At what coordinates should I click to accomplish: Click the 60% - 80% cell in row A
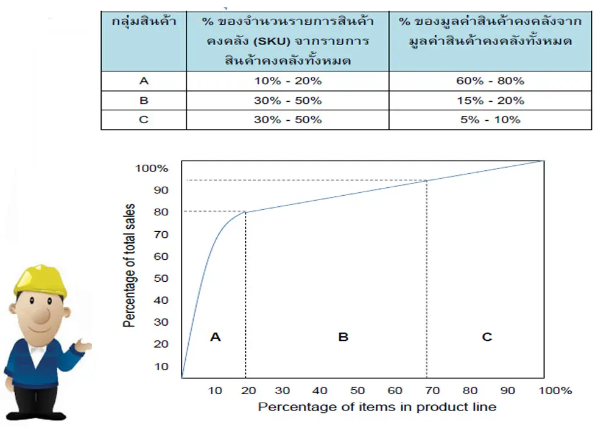point(490,81)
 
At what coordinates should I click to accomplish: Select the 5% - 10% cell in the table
point(490,120)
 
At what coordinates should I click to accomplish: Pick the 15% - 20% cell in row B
point(490,100)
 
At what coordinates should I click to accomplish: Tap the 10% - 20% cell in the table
point(287,81)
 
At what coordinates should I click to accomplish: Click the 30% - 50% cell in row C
point(287,120)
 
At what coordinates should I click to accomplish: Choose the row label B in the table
point(143,100)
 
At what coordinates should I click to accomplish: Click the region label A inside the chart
point(215,337)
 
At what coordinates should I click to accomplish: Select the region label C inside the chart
point(487,337)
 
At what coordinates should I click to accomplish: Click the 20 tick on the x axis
point(246,390)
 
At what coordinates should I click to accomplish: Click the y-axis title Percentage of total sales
point(130,266)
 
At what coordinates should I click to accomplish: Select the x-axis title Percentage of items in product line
point(377,406)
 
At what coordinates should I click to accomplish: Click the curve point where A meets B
point(245,212)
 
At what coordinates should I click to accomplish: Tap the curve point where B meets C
point(427,180)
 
